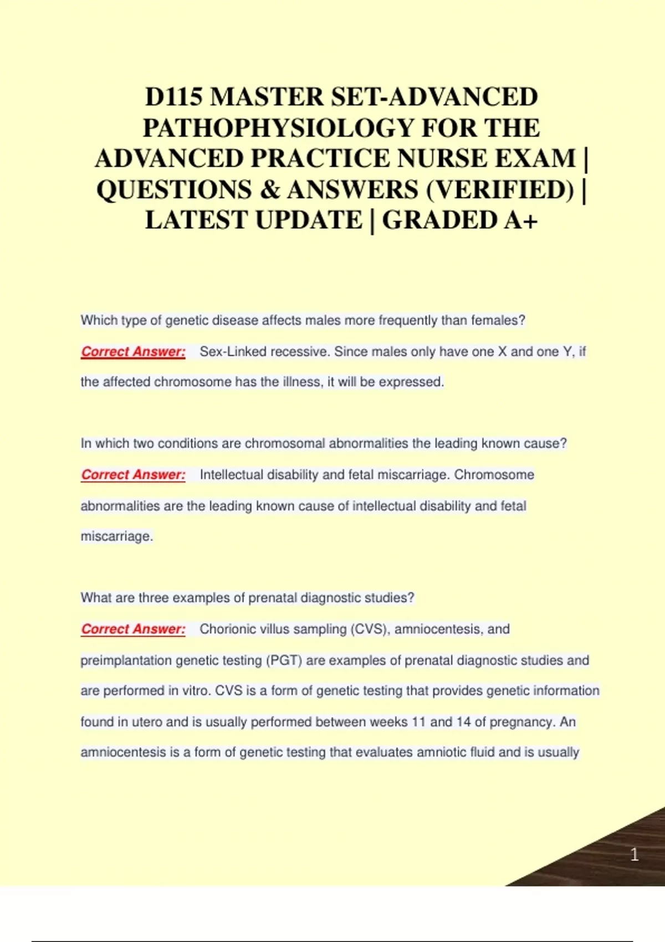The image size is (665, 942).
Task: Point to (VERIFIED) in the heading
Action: tap(499, 190)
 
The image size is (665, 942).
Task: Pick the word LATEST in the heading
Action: tap(196, 220)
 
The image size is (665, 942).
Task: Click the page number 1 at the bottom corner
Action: tap(635, 854)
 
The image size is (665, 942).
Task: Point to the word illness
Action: tap(301, 382)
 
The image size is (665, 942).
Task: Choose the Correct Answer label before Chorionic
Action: tap(133, 629)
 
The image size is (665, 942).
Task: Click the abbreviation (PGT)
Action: tap(284, 660)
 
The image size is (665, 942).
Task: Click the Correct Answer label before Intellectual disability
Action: tap(133, 474)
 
